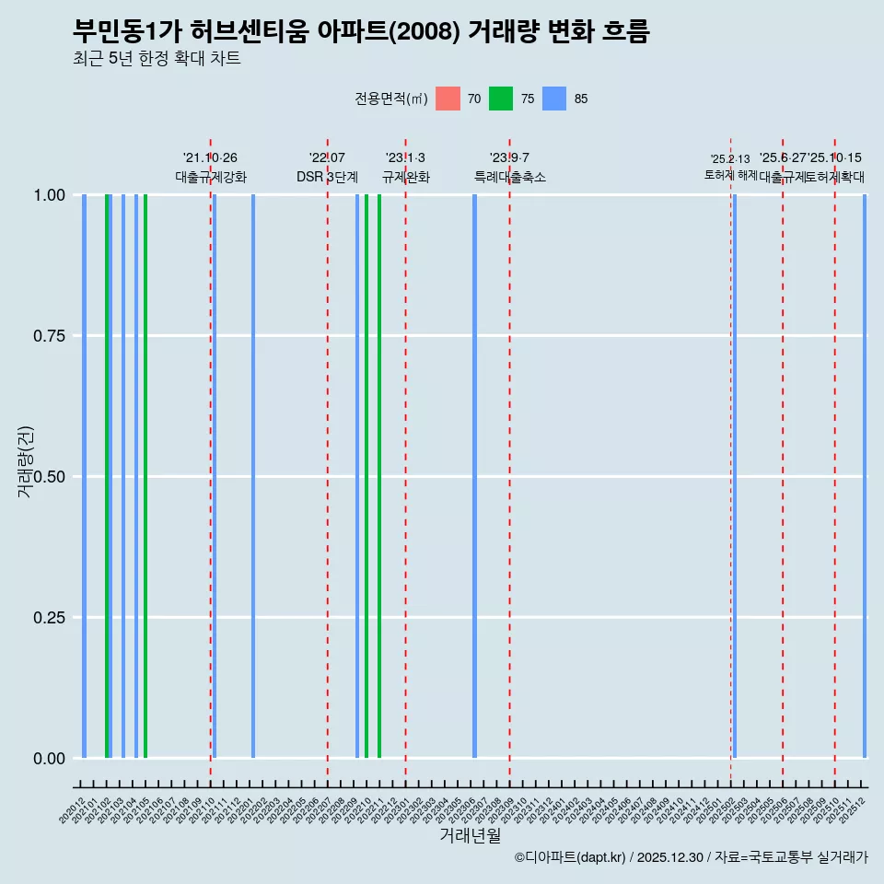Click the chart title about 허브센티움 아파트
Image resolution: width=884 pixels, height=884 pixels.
(x=361, y=31)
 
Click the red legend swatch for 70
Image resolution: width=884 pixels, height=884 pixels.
(x=448, y=99)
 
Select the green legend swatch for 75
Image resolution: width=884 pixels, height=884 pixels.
(x=501, y=99)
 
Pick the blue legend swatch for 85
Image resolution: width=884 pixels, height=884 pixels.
(x=554, y=99)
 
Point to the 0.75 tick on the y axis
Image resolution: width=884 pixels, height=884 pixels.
(x=48, y=336)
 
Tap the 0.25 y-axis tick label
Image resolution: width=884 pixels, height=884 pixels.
(x=48, y=618)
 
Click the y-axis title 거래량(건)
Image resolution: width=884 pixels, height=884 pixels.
(x=25, y=461)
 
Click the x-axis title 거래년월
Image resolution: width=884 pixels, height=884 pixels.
(x=471, y=836)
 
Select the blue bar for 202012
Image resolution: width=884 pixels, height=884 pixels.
(x=84, y=476)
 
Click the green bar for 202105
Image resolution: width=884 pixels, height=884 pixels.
(x=145, y=476)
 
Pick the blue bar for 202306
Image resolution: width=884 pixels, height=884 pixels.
(x=474, y=476)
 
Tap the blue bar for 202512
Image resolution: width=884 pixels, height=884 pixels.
(x=865, y=476)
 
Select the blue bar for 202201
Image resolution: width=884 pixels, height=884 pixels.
(x=253, y=476)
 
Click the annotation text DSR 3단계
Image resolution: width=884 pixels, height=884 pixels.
(x=327, y=177)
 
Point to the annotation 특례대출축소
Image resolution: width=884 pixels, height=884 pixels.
(x=509, y=177)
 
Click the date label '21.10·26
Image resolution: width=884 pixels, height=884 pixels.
(x=210, y=158)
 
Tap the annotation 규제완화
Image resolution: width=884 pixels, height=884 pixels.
(x=405, y=177)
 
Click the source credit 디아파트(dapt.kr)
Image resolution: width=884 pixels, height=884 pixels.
(x=571, y=857)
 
